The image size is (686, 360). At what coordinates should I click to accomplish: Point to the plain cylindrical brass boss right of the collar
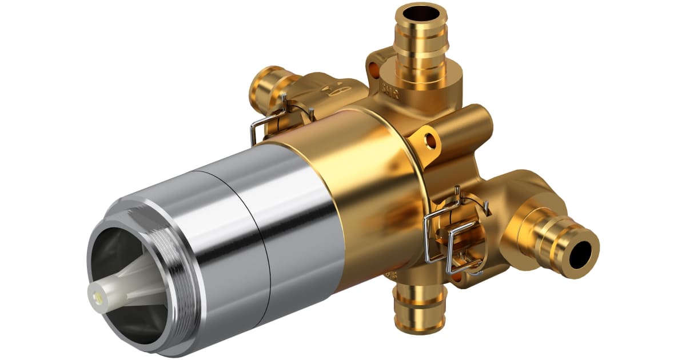pos(469,129)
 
